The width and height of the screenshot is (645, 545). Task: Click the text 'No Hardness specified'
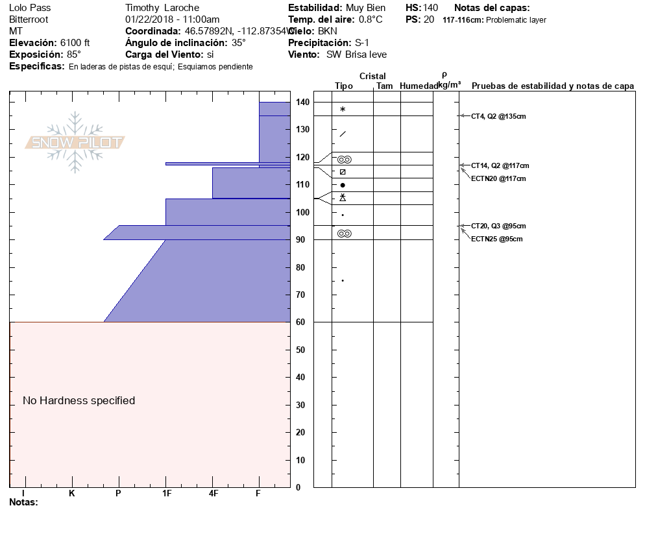coord(79,401)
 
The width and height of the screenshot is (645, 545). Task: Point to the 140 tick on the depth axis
coord(302,103)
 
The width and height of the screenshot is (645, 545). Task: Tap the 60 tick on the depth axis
coord(302,322)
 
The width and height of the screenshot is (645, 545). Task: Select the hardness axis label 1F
coord(166,493)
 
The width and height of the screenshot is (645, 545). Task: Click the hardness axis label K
coord(72,493)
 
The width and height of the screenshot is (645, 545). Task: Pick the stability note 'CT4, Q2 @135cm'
coord(498,116)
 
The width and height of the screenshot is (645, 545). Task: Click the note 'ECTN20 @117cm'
coord(498,178)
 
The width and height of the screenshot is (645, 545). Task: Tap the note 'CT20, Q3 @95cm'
coord(498,226)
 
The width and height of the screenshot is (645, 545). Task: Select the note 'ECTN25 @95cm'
coord(497,239)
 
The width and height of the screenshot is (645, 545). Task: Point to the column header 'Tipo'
coord(344,86)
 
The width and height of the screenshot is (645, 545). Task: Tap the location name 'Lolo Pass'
coord(30,8)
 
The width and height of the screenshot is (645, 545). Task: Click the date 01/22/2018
coord(150,19)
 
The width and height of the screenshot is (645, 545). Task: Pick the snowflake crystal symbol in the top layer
coord(343,110)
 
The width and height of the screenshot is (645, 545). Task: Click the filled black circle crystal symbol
coord(343,186)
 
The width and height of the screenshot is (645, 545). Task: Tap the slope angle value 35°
coord(239,43)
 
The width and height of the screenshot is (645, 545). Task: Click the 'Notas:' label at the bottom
coord(24,502)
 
